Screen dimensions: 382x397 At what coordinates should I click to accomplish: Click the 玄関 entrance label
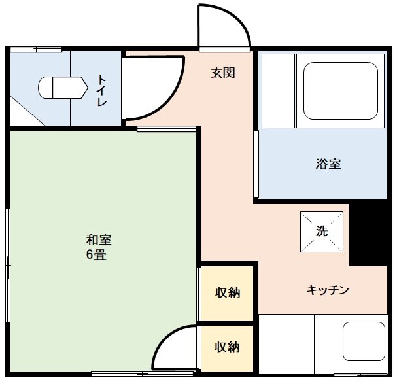[x=222, y=73]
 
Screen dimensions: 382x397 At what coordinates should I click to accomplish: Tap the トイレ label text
[x=103, y=91]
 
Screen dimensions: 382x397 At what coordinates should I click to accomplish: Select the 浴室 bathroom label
[x=328, y=164]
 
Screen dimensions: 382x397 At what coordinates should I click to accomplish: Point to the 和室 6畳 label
[x=97, y=247]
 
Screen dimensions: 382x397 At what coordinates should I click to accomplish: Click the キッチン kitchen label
[x=328, y=290]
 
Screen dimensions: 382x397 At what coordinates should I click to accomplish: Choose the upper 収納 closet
[x=227, y=292]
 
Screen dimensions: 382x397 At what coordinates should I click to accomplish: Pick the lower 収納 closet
[x=227, y=347]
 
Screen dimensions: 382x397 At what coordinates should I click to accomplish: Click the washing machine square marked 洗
[x=321, y=232]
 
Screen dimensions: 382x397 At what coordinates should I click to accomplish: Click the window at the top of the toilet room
[x=36, y=50]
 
